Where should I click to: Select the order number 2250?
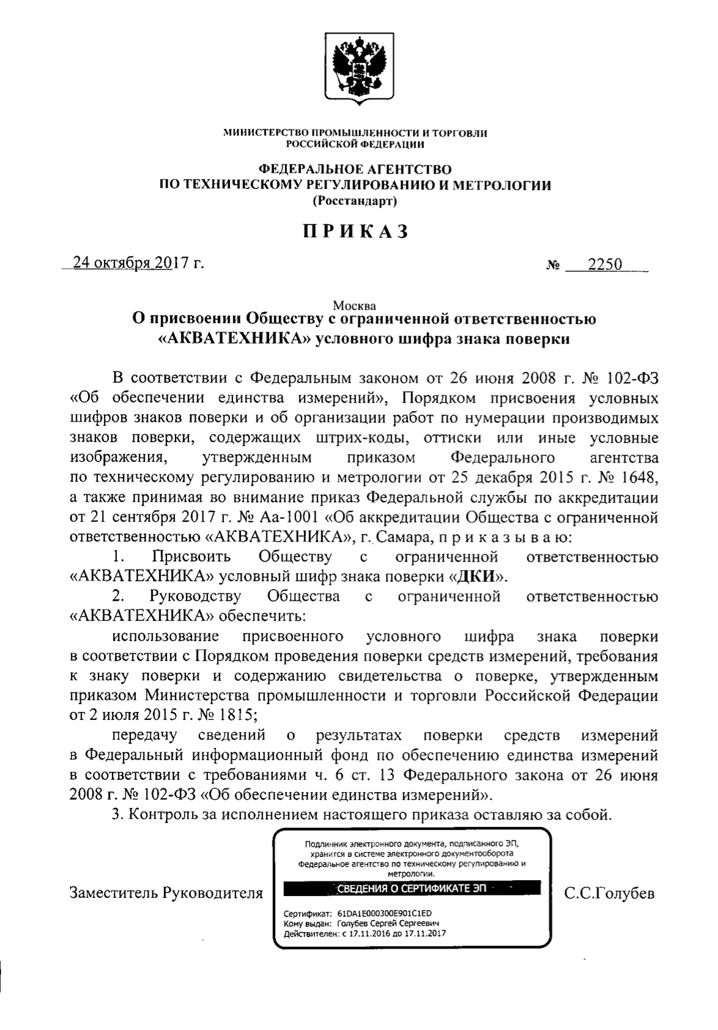click(604, 264)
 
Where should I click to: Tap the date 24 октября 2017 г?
click(138, 264)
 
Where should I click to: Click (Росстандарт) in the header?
click(355, 201)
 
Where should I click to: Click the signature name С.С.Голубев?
click(609, 894)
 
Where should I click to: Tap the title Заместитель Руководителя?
click(166, 893)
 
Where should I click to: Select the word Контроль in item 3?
click(161, 815)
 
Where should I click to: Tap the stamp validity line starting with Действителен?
click(365, 934)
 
